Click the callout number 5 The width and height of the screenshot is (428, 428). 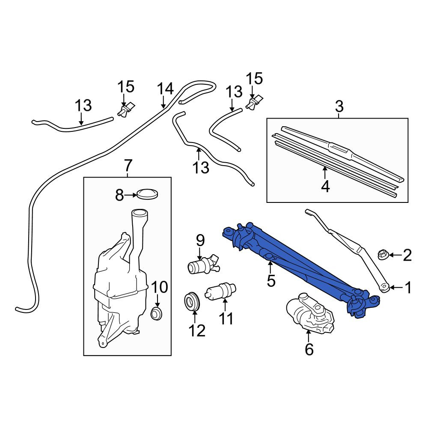pyautogui.click(x=271, y=281)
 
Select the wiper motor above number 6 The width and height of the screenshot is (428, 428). pyautogui.click(x=310, y=312)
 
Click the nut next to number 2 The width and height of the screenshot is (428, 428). pyautogui.click(x=382, y=255)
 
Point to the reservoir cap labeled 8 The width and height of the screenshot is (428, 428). pyautogui.click(x=148, y=194)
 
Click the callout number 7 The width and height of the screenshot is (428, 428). pyautogui.click(x=128, y=166)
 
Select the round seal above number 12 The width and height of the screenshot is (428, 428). pyautogui.click(x=192, y=301)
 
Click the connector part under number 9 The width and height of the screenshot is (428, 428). pyautogui.click(x=203, y=264)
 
